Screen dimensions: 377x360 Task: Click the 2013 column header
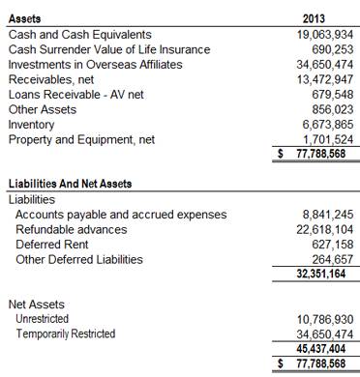(315, 18)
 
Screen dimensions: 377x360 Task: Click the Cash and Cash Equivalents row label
(79, 34)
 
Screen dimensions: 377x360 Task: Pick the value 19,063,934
(315, 34)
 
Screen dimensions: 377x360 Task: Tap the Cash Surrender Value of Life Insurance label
(108, 48)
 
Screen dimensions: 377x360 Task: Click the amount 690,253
(326, 48)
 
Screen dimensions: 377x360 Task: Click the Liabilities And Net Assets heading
(70, 184)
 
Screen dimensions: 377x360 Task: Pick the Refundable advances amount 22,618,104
(315, 229)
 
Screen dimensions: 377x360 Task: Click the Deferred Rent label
(53, 245)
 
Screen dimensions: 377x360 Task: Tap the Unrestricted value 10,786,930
(315, 319)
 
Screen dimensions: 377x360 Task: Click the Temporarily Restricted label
(65, 333)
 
